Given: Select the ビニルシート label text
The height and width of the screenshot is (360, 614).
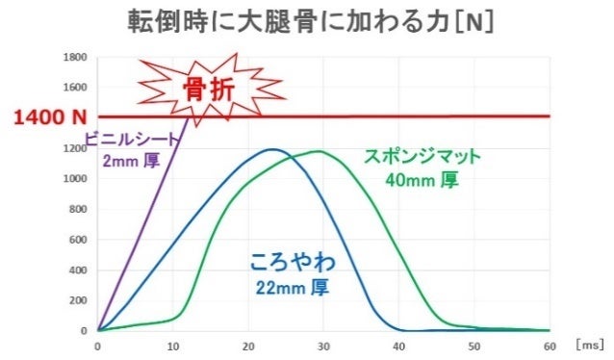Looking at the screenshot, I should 132,140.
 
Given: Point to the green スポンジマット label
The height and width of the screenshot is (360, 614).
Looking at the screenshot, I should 422,156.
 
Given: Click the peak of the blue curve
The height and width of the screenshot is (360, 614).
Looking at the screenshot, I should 272,149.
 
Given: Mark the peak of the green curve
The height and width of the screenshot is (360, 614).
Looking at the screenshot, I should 318,151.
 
